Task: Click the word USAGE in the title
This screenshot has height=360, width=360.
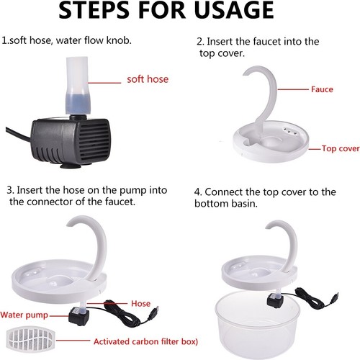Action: click(x=234, y=10)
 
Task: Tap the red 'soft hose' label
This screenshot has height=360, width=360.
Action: click(x=148, y=79)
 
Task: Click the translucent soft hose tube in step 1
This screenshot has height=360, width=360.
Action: click(x=78, y=85)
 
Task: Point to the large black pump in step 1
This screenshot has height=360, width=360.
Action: click(x=71, y=142)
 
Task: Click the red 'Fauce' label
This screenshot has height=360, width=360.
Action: click(x=322, y=89)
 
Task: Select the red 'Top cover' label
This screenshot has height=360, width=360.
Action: click(x=341, y=148)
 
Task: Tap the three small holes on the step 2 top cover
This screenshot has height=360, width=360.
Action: click(x=290, y=130)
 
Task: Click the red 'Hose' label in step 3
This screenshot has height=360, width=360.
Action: click(x=140, y=304)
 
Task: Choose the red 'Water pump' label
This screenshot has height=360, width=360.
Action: click(x=24, y=315)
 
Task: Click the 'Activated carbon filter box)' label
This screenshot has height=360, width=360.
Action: click(x=145, y=341)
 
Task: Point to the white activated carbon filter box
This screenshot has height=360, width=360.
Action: click(x=30, y=340)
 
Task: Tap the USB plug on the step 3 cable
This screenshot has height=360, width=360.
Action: click(x=156, y=308)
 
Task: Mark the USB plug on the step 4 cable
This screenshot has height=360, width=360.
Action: click(x=336, y=295)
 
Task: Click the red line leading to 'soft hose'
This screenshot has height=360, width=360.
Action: click(x=104, y=83)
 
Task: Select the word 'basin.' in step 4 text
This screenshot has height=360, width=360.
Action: click(x=245, y=204)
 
